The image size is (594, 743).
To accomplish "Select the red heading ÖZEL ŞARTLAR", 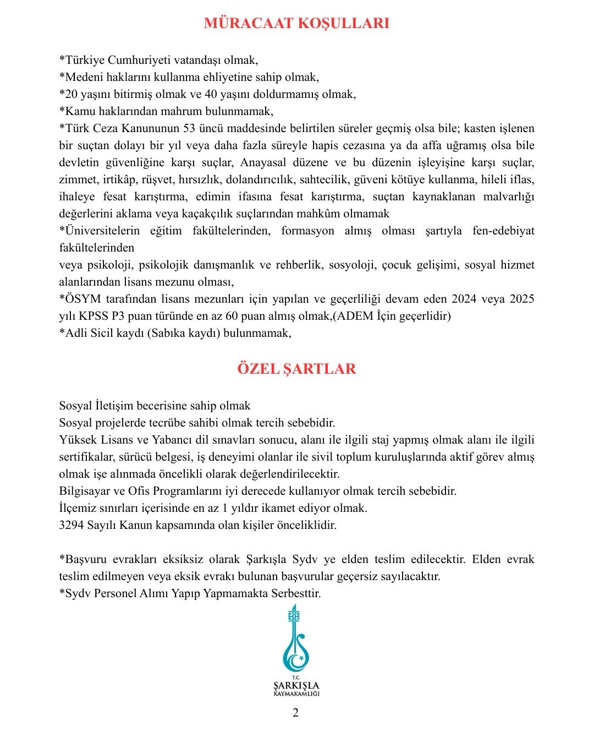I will [x=296, y=368].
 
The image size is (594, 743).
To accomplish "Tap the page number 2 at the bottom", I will [x=296, y=713].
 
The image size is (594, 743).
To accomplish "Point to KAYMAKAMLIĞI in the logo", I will [x=296, y=693].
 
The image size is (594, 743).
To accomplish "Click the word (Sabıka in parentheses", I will [x=167, y=333].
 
